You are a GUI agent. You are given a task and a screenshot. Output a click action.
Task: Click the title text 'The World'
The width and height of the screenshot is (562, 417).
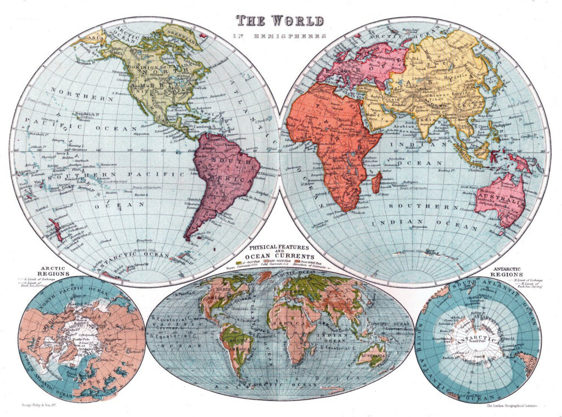[281, 21]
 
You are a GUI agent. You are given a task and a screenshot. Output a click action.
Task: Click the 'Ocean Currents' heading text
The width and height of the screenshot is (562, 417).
[280, 256]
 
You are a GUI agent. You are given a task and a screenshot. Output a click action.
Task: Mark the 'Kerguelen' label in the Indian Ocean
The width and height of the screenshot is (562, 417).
[421, 227]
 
